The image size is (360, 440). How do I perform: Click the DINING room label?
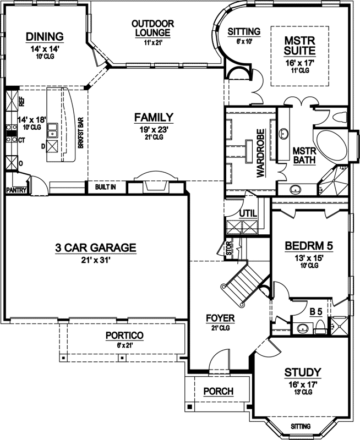(x=45, y=37)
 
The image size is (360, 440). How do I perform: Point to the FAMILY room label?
(x=154, y=117)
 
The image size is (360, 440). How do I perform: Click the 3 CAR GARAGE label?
(x=95, y=248)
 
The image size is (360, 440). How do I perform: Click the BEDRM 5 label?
(x=309, y=245)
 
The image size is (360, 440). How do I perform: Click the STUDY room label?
(x=303, y=372)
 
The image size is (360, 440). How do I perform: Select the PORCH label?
(x=219, y=392)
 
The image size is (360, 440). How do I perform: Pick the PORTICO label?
(x=125, y=335)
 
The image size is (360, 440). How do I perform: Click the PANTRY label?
(x=17, y=190)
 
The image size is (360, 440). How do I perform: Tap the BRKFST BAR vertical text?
(x=80, y=131)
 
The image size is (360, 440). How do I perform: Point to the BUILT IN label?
(x=105, y=187)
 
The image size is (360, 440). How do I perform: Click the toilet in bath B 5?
(x=319, y=328)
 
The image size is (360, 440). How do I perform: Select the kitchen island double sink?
(x=52, y=130)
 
